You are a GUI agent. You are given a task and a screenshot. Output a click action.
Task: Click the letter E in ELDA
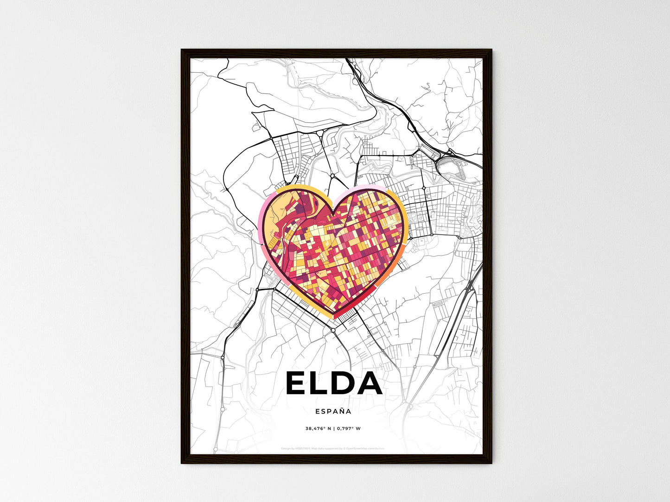[297, 383]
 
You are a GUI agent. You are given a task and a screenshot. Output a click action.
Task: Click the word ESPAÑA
[333, 411]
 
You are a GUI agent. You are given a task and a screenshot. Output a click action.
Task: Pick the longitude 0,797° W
[349, 428]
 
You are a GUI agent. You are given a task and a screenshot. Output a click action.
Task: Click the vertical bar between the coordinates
[333, 428]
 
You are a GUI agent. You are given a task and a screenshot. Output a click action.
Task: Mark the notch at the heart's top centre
[333, 213]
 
